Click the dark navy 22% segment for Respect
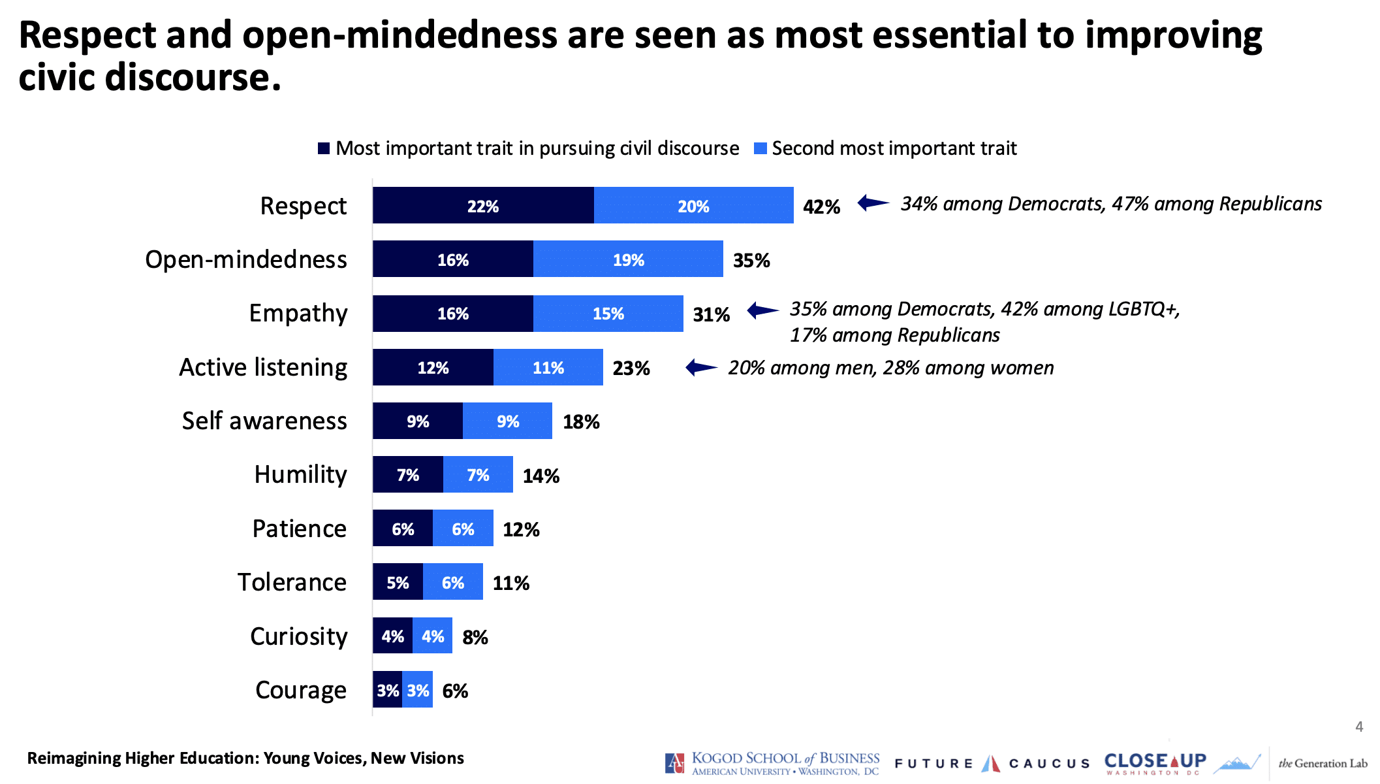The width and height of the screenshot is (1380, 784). pyautogui.click(x=483, y=206)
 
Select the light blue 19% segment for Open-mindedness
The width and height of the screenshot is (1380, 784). pyautogui.click(x=628, y=259)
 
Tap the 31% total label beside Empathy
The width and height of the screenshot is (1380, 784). pyautogui.click(x=711, y=314)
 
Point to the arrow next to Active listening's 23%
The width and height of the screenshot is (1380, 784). pyautogui.click(x=702, y=368)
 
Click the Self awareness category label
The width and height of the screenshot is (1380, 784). pyautogui.click(x=264, y=421)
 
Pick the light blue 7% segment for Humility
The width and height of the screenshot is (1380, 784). pyautogui.click(x=478, y=475)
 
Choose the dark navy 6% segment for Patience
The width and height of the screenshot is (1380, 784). pyautogui.click(x=403, y=529)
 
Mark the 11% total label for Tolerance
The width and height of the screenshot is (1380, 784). pyautogui.click(x=510, y=583)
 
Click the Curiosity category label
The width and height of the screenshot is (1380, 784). pyautogui.click(x=298, y=636)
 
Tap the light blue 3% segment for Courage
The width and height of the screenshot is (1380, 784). pyautogui.click(x=418, y=690)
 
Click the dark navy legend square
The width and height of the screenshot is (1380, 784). pyautogui.click(x=324, y=148)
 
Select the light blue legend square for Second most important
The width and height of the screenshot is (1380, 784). pyautogui.click(x=760, y=148)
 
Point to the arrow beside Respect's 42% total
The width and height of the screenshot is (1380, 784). pyautogui.click(x=873, y=203)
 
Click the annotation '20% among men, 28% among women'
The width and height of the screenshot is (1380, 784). pyautogui.click(x=890, y=368)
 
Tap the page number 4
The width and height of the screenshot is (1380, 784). pyautogui.click(x=1359, y=727)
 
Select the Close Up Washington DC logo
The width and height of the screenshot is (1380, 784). pyautogui.click(x=1155, y=762)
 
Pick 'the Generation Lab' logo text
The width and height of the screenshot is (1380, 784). pyautogui.click(x=1323, y=763)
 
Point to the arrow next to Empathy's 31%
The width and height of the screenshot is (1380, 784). pyautogui.click(x=762, y=310)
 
